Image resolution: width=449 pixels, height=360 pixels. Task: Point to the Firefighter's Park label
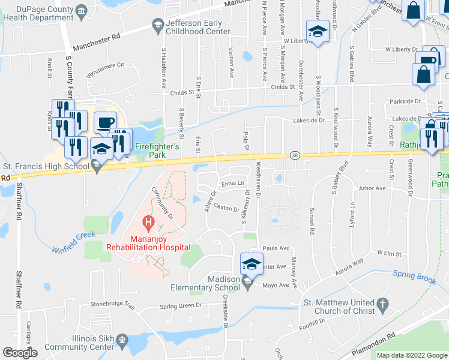(x=157, y=146)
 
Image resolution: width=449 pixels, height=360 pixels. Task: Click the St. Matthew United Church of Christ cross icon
(x=383, y=306)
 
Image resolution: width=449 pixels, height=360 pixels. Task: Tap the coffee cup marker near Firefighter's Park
(x=105, y=121)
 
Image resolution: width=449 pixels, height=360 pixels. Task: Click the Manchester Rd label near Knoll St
(x=97, y=43)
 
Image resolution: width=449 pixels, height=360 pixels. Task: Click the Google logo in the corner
(x=20, y=353)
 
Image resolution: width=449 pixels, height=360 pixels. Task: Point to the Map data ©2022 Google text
(x=412, y=355)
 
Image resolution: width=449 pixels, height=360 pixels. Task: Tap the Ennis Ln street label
(x=234, y=183)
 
